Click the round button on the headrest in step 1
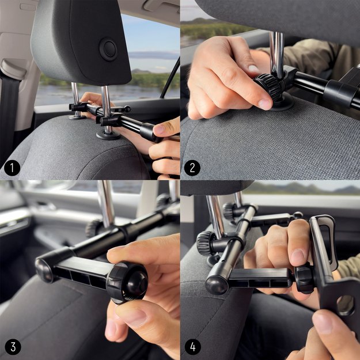(108, 50)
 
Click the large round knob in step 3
(127, 282)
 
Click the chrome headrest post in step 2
(277, 52)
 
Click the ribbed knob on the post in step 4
(206, 242)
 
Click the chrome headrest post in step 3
(106, 202)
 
